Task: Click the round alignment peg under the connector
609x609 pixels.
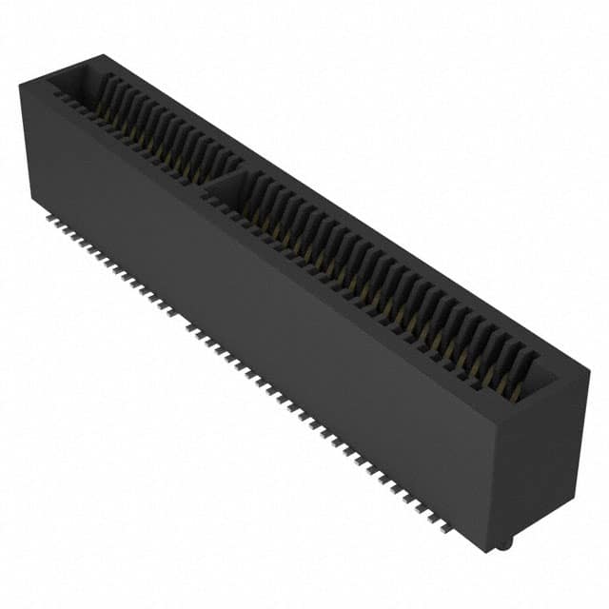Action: pyautogui.click(x=506, y=542)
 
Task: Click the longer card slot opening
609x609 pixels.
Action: pyautogui.click(x=381, y=276)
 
